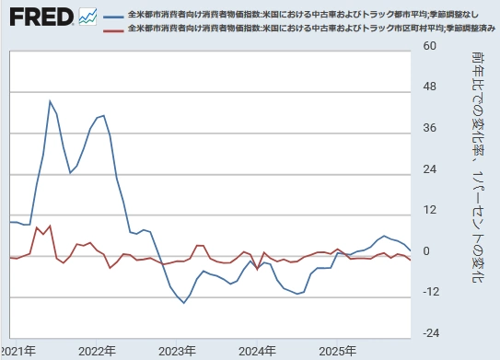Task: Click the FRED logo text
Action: coord(38,17)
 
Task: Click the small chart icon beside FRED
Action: coord(88,17)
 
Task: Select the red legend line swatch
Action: coord(114,29)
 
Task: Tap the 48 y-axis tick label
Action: coord(429,87)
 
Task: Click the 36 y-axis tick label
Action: coord(429,127)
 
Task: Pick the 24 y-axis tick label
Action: coord(429,168)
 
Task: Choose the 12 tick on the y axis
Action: coord(429,210)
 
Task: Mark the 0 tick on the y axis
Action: coord(425,250)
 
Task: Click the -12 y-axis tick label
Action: coord(432,292)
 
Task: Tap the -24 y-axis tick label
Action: coord(432,332)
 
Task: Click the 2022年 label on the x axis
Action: coord(98,351)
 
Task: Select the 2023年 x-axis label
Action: coord(178,351)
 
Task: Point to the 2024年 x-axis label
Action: coord(258,351)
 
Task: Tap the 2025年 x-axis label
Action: coord(338,351)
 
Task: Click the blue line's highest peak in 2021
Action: coord(50,101)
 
